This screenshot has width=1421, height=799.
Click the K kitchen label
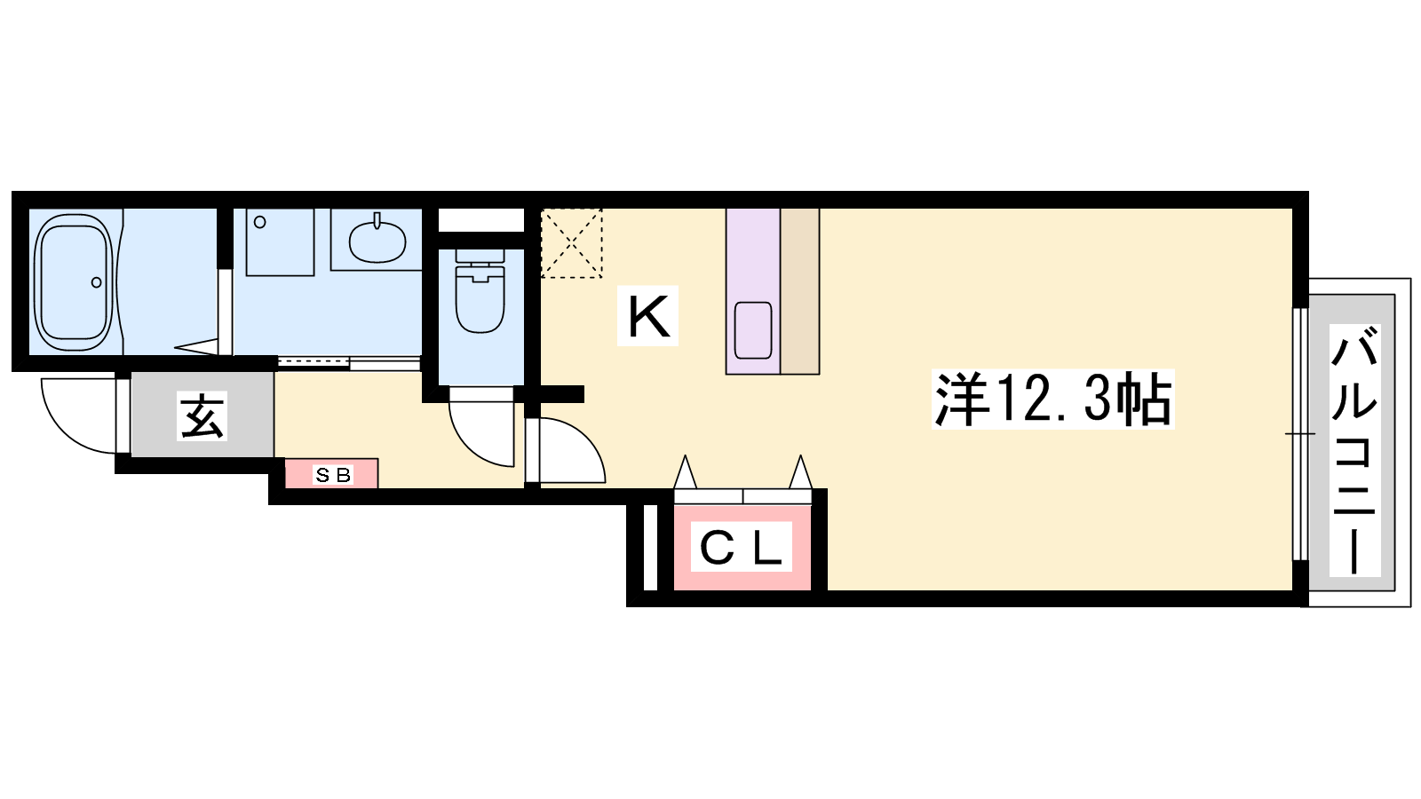[647, 316]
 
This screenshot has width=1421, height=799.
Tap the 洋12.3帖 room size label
[1053, 399]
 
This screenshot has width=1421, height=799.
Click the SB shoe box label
[332, 474]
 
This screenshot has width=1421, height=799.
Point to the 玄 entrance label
[202, 416]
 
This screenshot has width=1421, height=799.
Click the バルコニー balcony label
[1355, 449]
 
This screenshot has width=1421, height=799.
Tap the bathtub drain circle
[97, 282]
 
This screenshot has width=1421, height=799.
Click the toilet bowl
[480, 298]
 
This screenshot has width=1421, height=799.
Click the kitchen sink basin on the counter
[753, 330]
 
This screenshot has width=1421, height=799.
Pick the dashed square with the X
[571, 243]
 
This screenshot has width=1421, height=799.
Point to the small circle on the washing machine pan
[260, 222]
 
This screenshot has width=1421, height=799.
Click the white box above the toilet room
[480, 220]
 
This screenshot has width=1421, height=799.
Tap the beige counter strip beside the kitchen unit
[800, 291]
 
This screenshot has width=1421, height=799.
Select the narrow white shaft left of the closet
[649, 547]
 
